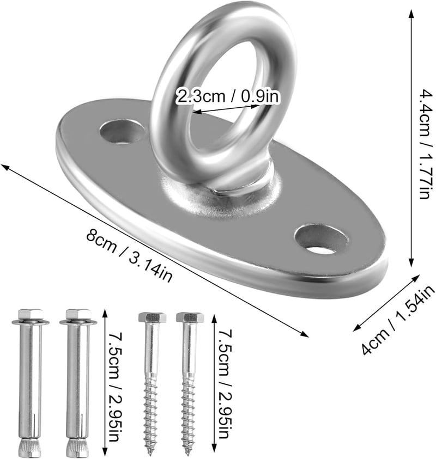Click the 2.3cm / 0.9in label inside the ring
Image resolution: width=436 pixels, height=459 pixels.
tap(227, 96)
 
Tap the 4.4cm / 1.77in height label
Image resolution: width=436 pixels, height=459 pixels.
tap(425, 143)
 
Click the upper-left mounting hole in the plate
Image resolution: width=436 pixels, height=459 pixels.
tap(123, 131)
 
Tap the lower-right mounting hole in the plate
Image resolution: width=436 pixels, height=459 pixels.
tap(322, 239)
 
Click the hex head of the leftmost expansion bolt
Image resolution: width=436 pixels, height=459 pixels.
tap(31, 314)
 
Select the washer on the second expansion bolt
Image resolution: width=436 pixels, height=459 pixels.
tap(78, 322)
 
